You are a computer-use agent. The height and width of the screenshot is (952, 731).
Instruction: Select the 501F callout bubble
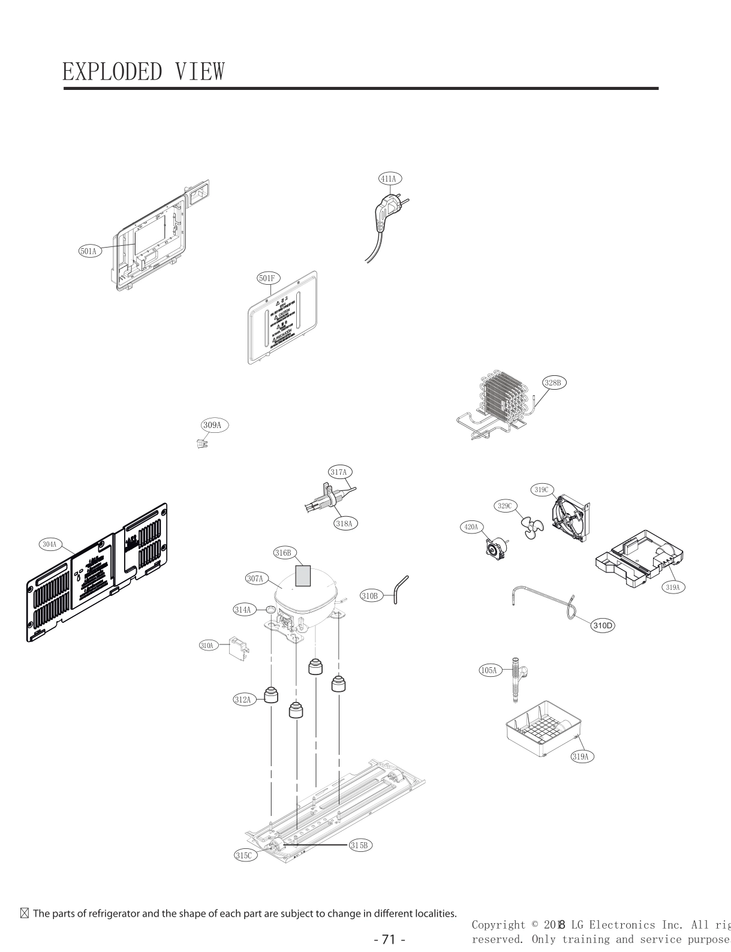pos(267,278)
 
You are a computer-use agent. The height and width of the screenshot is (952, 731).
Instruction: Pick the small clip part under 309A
pos(203,444)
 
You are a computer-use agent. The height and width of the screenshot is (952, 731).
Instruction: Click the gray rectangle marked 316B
pos(303,576)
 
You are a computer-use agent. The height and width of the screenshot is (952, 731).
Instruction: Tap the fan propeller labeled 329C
pos(531,528)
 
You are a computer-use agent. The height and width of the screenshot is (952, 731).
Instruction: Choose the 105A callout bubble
pos(489,670)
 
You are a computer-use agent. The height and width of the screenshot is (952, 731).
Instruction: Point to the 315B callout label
pos(360,845)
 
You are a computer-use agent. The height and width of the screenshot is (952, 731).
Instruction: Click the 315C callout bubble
pos(245,855)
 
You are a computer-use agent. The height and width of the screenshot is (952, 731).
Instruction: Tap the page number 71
pos(389,939)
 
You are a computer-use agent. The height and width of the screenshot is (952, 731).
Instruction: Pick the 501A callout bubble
pos(89,251)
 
